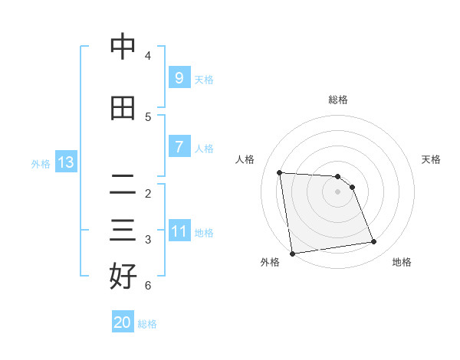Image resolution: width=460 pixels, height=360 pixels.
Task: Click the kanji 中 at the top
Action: [123, 47]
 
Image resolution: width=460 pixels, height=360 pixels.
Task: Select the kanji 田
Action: [123, 108]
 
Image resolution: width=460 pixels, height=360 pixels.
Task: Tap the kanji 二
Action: [123, 185]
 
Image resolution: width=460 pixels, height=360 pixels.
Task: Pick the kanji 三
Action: [123, 231]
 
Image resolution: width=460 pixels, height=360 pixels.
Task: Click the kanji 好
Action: [123, 277]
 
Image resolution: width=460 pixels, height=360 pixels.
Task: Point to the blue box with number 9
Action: [179, 78]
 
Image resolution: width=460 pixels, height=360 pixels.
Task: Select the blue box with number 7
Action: [179, 147]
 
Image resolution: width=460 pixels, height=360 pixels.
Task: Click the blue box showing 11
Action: [179, 231]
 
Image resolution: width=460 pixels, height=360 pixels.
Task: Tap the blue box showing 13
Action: [65, 162]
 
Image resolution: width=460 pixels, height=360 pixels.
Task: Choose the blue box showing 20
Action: [123, 322]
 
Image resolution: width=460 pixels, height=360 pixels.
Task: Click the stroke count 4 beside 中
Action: [148, 56]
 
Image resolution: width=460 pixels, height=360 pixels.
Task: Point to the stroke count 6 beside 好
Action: [148, 286]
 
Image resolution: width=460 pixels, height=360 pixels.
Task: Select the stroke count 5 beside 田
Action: [148, 117]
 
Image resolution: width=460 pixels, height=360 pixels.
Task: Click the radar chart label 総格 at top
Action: [338, 100]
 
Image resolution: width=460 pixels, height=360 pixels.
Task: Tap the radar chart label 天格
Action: [431, 159]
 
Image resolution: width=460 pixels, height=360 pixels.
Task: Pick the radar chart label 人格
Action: [245, 159]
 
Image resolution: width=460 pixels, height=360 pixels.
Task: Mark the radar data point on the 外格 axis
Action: [292, 253]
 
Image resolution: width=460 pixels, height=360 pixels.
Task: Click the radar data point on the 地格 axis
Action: [374, 242]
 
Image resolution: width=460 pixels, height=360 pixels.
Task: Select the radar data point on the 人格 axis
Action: [280, 172]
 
